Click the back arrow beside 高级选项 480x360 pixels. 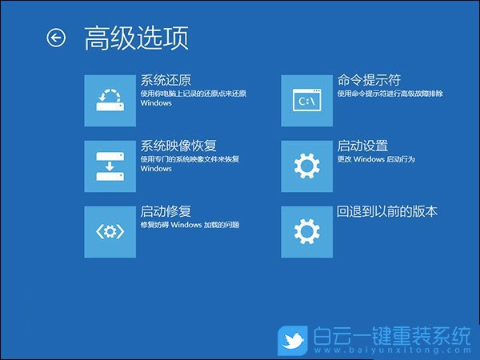click(56, 38)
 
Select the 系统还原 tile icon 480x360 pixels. click(110, 100)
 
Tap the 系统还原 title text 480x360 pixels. click(166, 80)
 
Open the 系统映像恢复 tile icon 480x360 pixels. click(110, 166)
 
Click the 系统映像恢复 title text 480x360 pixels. click(178, 146)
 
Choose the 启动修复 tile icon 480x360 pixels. click(110, 231)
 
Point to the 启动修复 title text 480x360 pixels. click(166, 211)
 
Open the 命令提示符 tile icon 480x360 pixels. click(306, 100)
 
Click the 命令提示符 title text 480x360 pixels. click(369, 80)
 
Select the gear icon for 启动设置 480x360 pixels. click(306, 166)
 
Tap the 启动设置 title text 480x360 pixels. click(362, 146)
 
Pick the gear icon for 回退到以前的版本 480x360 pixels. click(306, 231)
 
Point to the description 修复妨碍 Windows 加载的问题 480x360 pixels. click(190, 226)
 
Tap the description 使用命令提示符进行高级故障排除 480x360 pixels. click(390, 94)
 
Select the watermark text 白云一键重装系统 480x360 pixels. click(391, 337)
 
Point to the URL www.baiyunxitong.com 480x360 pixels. click(391, 352)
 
